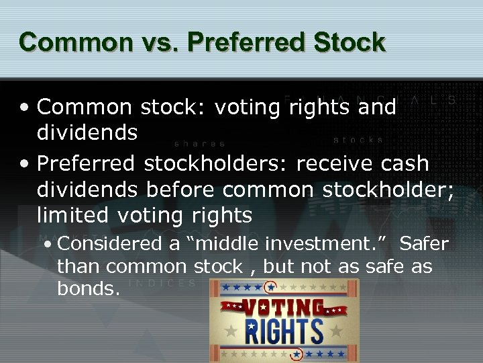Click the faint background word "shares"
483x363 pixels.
(x=200, y=143)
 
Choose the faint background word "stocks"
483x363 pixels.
(x=359, y=140)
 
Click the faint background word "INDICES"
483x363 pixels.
(x=164, y=283)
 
